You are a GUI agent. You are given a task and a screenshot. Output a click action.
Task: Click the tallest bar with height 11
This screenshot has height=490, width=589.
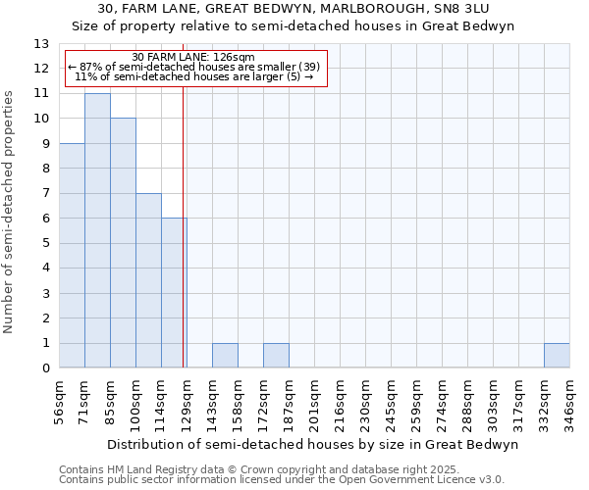[97, 230]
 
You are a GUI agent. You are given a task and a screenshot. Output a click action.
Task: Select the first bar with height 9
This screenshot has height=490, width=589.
[72, 255]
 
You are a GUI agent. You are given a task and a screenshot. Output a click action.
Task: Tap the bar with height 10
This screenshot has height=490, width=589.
[123, 243]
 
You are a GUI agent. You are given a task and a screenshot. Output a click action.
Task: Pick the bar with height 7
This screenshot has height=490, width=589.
[148, 280]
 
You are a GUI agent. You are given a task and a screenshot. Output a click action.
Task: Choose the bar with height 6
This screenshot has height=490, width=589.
[174, 293]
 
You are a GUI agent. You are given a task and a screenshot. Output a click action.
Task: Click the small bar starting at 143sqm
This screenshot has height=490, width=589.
[225, 356]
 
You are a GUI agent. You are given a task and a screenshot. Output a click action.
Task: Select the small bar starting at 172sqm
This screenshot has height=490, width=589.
[276, 356]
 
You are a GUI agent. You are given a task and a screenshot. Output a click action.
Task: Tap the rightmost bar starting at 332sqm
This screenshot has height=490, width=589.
[557, 356]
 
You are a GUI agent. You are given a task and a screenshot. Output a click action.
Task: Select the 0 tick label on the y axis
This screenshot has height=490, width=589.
[45, 368]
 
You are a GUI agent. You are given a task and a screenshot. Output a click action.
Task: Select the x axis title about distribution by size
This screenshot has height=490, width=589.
[312, 444]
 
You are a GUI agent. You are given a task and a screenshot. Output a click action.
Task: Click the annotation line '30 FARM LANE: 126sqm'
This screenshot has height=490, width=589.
[193, 57]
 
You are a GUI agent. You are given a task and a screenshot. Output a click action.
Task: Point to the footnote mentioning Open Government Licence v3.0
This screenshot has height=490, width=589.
[281, 480]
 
